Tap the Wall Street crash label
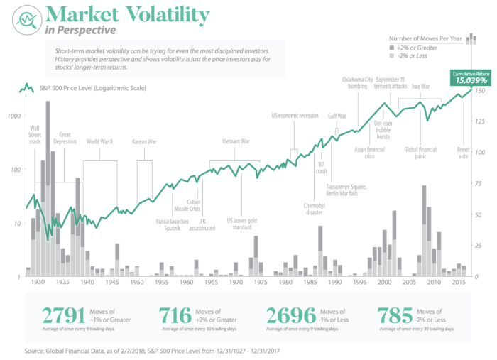35,133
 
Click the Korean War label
144,141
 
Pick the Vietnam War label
235,141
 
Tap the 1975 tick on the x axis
261,283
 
